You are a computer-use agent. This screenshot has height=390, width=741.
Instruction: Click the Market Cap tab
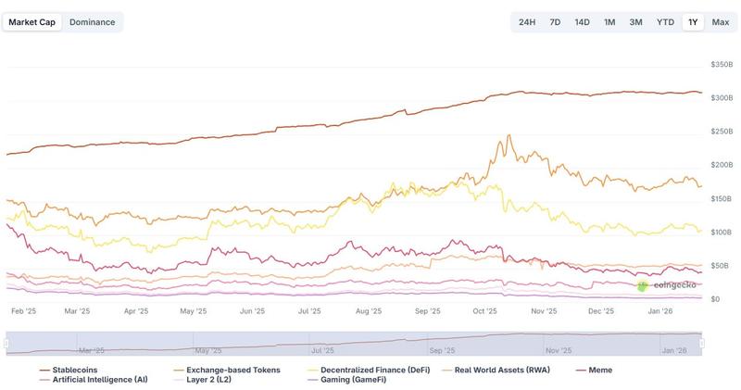pos(32,21)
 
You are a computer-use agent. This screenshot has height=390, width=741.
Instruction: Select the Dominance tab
pos(93,21)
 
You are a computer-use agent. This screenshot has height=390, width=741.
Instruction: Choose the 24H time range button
pos(527,21)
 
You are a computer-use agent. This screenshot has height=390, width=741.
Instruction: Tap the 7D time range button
pos(555,21)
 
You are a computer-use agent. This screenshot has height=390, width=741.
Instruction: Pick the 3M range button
pos(635,21)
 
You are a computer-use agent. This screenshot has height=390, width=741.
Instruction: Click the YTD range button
pos(665,21)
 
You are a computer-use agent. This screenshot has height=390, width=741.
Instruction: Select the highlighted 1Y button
pos(693,21)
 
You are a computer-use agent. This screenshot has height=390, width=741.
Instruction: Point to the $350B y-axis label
pos(721,65)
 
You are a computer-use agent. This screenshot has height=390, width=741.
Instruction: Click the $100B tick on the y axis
pos(721,233)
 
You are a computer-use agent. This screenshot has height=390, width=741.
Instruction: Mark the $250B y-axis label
pos(721,132)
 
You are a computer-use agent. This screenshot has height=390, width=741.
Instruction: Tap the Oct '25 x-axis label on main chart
pos(484,312)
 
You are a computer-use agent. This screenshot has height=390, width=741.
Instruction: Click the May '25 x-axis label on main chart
pos(194,312)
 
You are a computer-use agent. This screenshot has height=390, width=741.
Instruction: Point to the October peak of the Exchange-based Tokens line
pos(509,136)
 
